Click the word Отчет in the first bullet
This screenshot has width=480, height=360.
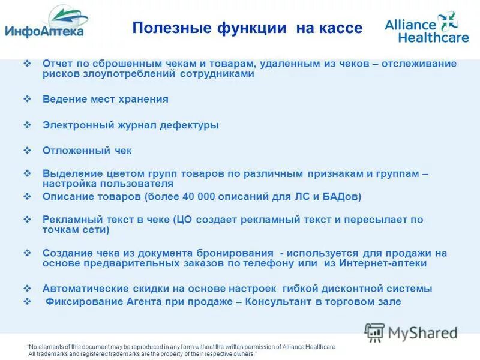(x=58, y=64)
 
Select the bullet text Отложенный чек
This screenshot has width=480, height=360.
(x=86, y=151)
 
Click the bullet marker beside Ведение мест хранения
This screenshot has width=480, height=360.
(x=27, y=99)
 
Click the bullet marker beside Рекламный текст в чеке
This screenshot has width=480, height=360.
(x=27, y=220)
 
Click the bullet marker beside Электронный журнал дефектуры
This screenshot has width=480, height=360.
(x=27, y=125)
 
